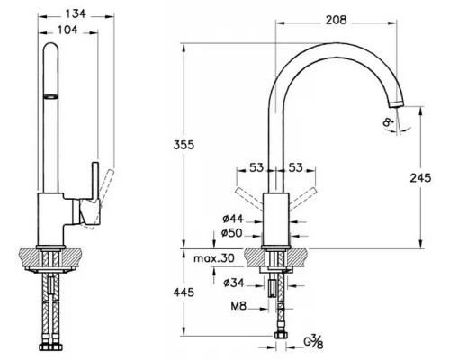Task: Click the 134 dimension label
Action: click(x=76, y=13)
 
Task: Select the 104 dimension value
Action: click(x=67, y=30)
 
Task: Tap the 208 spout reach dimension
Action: click(x=337, y=20)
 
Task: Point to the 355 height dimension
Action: click(x=184, y=145)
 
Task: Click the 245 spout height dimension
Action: click(x=420, y=178)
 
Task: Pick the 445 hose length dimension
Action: click(x=184, y=292)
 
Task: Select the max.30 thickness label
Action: click(x=214, y=258)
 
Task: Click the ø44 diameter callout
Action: click(x=233, y=219)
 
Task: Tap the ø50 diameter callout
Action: click(x=232, y=233)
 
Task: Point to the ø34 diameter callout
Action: click(x=234, y=283)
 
